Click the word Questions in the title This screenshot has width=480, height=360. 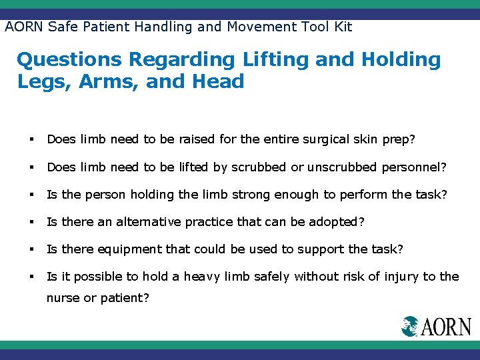click(x=69, y=60)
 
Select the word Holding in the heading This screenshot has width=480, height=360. click(x=401, y=60)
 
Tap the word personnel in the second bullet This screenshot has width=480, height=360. click(x=412, y=167)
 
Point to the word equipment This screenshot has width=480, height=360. click(x=129, y=249)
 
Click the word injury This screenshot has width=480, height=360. click(x=387, y=277)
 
